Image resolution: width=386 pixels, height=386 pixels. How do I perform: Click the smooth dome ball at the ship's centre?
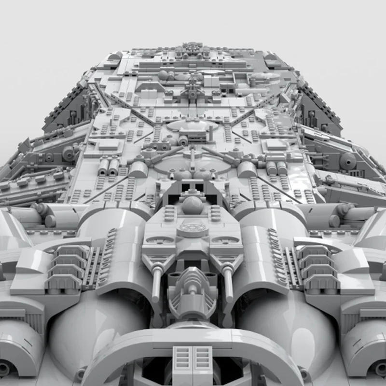click(x=193, y=205)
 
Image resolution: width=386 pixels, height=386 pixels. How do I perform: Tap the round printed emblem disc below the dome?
click(x=193, y=227)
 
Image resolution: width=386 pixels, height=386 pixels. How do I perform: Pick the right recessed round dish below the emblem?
click(x=225, y=240)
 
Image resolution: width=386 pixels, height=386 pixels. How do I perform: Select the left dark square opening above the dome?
click(x=184, y=186)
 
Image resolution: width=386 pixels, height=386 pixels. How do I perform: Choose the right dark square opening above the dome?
click(x=199, y=186)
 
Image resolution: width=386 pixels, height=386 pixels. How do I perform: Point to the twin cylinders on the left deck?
click(x=108, y=166)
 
